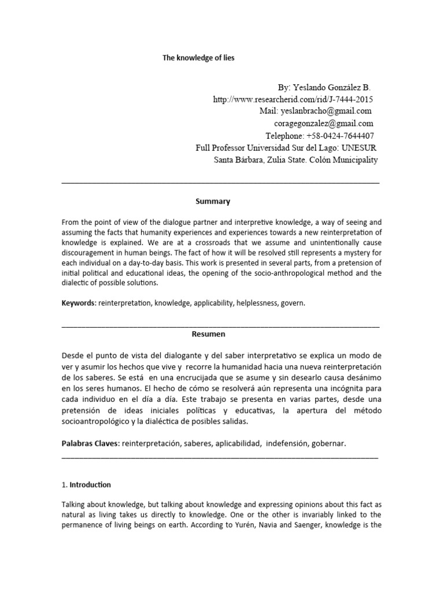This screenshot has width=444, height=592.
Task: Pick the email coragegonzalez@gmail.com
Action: tap(324, 123)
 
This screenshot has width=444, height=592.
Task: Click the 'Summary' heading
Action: tap(212, 201)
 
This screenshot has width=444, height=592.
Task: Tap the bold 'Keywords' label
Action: tap(78, 302)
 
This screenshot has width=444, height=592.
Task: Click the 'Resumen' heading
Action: tap(208, 334)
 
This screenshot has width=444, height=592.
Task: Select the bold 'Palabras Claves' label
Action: tap(89, 443)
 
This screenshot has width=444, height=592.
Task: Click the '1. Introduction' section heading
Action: tap(86, 484)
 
